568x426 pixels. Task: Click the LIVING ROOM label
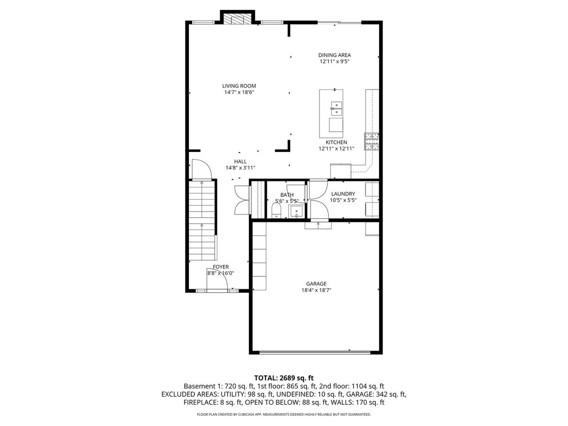point(239,86)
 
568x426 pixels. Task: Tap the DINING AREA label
point(334,55)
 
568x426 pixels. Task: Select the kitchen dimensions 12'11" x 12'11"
point(336,149)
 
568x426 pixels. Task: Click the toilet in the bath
point(276,210)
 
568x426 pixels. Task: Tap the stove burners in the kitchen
point(372,142)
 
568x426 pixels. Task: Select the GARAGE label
point(316,284)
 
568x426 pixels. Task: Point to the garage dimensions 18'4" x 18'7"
point(316,290)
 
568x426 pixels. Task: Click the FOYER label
point(221,266)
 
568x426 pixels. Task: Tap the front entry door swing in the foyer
point(217,283)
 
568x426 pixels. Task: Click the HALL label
point(240,161)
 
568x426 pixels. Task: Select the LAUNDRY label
point(343,194)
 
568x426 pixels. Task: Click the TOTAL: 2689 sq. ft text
point(284,378)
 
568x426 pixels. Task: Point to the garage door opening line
point(315,352)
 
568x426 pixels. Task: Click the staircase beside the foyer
point(202,221)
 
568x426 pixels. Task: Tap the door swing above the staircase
point(202,169)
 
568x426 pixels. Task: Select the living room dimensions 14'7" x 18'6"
point(239,92)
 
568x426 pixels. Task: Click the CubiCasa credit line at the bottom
point(284,414)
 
